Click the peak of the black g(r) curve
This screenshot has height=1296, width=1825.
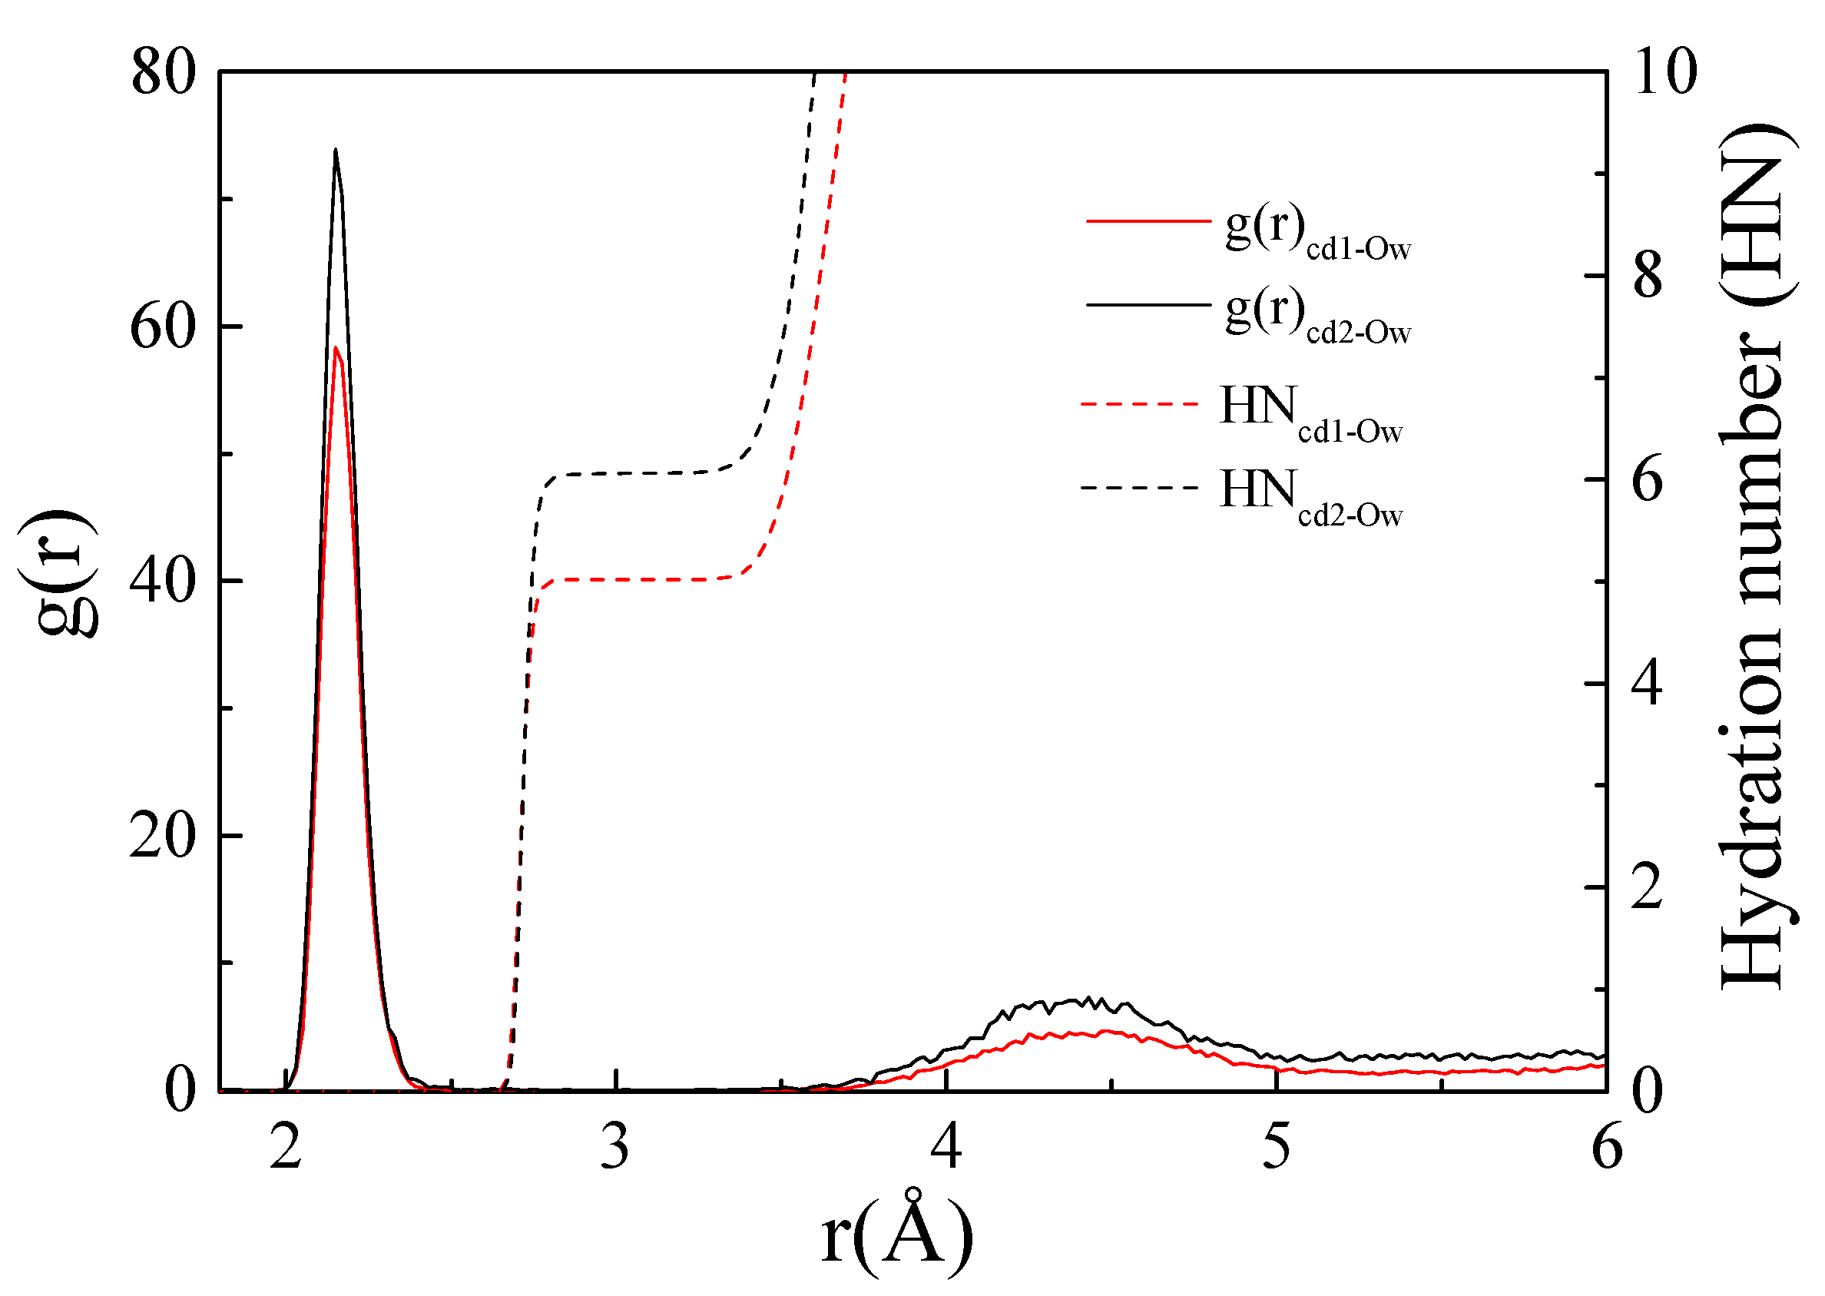[335, 150]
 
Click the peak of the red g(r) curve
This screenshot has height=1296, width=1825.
[336, 348]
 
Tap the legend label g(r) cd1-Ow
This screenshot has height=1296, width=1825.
[1317, 233]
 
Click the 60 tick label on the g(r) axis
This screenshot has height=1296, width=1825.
[163, 326]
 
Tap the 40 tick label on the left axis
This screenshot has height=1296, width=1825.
[163, 581]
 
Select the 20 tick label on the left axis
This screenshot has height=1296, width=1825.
[163, 837]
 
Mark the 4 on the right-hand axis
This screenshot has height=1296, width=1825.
[1648, 683]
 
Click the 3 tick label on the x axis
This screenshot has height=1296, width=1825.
[615, 1149]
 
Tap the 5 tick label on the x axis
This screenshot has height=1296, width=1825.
[1277, 1149]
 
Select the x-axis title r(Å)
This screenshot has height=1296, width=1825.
[897, 1234]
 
